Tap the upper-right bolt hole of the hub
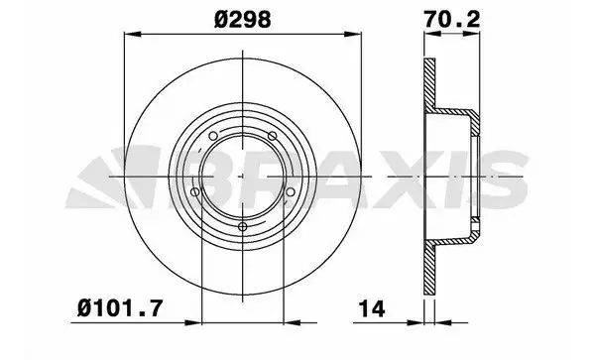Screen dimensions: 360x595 point(272,135)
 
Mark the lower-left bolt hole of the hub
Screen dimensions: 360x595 point(196,192)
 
